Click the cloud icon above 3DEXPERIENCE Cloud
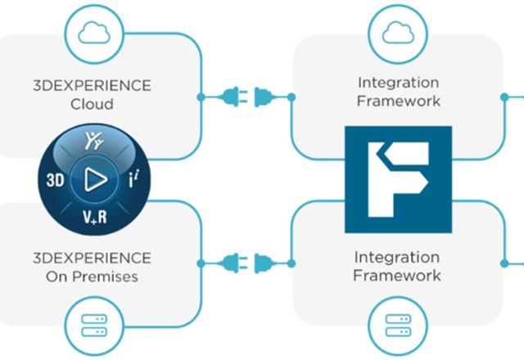94,33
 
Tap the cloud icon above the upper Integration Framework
398,33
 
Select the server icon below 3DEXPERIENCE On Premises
94,326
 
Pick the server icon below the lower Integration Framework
398,326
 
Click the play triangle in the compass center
95,180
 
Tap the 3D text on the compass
55,180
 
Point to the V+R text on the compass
95,217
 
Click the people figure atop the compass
94,140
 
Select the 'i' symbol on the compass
134,179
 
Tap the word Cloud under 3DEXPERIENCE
92,104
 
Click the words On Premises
92,277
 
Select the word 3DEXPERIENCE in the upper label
92,86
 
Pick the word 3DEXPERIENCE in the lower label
92,259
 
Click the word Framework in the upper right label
399,101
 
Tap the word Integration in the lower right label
397,258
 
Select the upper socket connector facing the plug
265,97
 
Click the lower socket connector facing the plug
265,263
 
